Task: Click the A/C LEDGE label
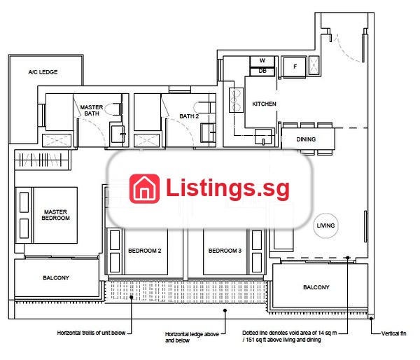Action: point(43,72)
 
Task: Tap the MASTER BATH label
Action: point(92,110)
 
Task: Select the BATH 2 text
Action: point(189,116)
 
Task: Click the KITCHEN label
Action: point(264,104)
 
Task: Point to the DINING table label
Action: point(306,139)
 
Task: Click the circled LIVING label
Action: point(325,226)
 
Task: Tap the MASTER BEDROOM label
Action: point(56,215)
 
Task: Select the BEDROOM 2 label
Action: point(145,251)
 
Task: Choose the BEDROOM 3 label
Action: point(225,251)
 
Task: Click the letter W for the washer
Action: point(262,60)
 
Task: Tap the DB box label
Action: point(262,71)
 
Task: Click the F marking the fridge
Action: point(295,67)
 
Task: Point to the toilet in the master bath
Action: point(113,109)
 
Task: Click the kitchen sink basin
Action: point(263,137)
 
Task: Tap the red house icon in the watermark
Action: point(145,188)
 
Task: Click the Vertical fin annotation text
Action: point(393,333)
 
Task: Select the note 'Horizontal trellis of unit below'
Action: point(91,333)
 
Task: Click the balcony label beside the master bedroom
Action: point(56,278)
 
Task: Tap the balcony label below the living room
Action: point(316,287)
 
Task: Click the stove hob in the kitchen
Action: point(237,100)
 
